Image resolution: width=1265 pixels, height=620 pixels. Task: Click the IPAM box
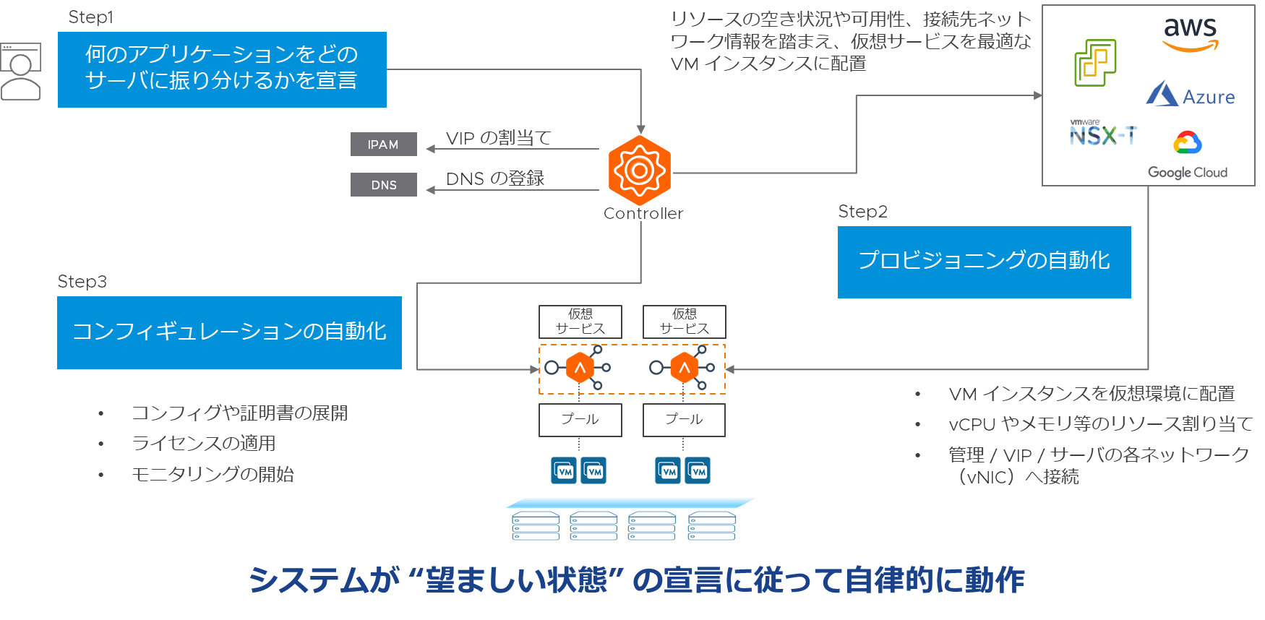[x=383, y=145]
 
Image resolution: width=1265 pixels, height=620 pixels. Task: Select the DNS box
[x=383, y=185]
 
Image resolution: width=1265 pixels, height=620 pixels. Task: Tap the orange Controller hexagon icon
[x=640, y=170]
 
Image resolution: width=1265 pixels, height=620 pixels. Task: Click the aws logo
[x=1190, y=34]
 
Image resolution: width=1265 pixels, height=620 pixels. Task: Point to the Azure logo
[x=1191, y=95]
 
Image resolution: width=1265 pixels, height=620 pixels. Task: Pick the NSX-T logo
[x=1102, y=134]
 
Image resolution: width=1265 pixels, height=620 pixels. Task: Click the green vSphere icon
[x=1095, y=63]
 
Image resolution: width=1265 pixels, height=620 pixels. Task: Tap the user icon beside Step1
[x=20, y=72]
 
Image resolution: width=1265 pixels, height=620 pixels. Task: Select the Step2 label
[x=862, y=212]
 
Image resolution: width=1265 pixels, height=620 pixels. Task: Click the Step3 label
[x=82, y=282]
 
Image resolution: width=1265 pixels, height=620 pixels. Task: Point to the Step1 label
[x=90, y=17]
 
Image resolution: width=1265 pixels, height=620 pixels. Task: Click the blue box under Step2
[x=984, y=262]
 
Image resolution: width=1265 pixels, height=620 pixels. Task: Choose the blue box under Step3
[x=229, y=332]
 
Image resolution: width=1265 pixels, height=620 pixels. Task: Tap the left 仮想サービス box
[x=580, y=322]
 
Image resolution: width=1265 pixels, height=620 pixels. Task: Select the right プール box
[x=684, y=420]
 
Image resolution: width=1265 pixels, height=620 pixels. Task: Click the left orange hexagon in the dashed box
[x=580, y=368]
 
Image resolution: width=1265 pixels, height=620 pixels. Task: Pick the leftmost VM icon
[x=564, y=470]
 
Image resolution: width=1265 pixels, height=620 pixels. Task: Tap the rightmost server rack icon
[x=712, y=526]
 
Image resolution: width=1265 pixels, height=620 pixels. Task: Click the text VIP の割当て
[x=498, y=138]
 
